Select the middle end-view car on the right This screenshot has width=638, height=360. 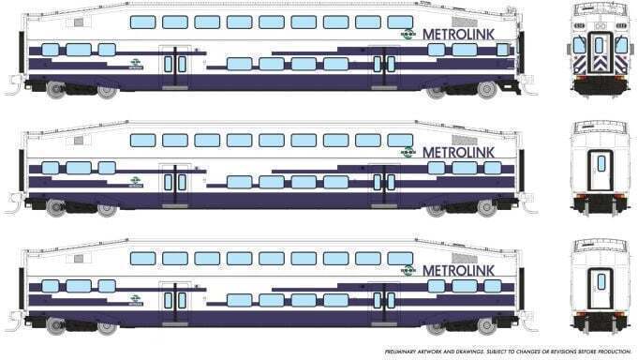[x=597, y=167]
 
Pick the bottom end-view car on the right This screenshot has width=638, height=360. [x=597, y=284]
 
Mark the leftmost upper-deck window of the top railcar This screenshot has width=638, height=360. [x=141, y=22]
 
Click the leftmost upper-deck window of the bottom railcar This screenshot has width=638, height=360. [x=141, y=258]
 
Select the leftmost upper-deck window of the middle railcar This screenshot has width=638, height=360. [x=141, y=140]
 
